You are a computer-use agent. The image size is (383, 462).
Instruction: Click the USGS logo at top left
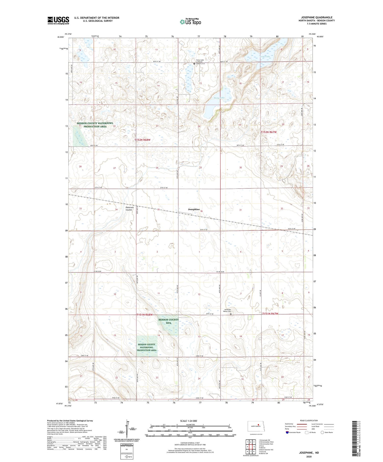click(58, 20)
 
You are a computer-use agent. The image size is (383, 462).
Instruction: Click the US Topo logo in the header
click(190, 22)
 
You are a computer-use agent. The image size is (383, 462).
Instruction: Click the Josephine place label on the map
click(194, 209)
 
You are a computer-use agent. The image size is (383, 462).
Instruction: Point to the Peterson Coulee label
click(129, 208)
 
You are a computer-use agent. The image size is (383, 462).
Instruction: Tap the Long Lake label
click(265, 56)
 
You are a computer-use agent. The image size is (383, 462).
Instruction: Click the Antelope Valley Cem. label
click(226, 311)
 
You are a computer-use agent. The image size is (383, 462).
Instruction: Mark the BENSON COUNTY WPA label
click(169, 321)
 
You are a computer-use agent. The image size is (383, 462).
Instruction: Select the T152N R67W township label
click(269, 132)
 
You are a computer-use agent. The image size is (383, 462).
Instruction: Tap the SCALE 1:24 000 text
click(188, 421)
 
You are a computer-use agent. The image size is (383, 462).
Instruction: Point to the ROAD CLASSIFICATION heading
click(309, 420)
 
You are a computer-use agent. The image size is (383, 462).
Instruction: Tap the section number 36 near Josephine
click(201, 211)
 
